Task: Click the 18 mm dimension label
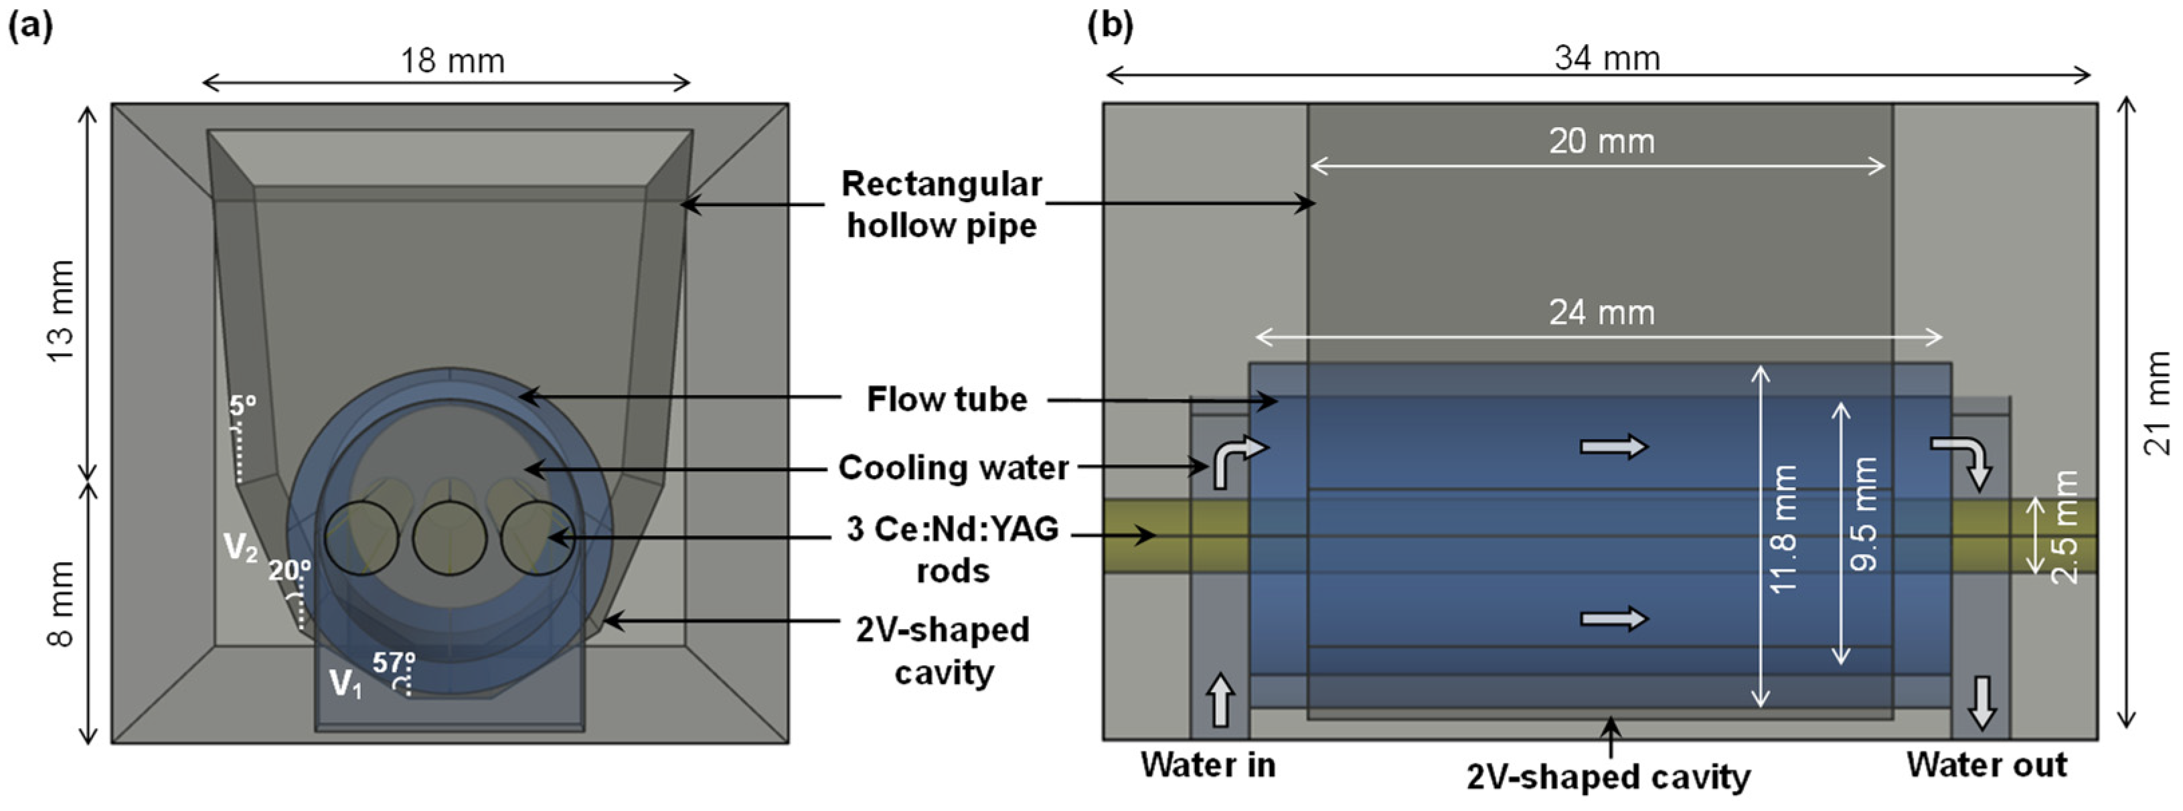(x=453, y=61)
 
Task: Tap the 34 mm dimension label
(x=1607, y=58)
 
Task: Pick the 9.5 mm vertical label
(x=1864, y=513)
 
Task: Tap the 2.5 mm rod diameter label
(x=2066, y=527)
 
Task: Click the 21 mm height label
(x=2158, y=403)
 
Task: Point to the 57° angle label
(x=394, y=662)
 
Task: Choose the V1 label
(x=345, y=683)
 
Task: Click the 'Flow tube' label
(x=947, y=399)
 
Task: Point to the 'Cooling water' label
(x=953, y=468)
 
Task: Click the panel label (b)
(x=1110, y=25)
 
